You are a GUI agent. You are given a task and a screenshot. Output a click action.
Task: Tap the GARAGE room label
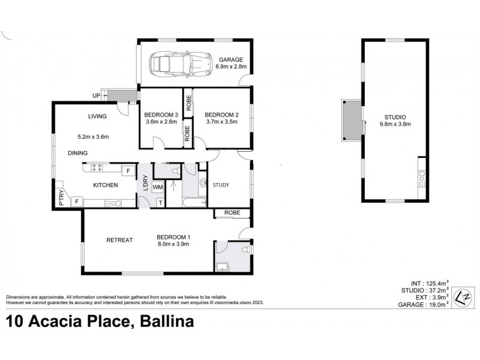pos(230,59)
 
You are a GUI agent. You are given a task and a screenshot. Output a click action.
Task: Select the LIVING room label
pos(97,116)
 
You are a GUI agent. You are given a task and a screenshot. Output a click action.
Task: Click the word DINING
pos(77,153)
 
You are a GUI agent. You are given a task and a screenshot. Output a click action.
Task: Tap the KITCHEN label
pos(105,185)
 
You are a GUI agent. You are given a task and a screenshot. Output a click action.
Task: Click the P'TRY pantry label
pos(61,198)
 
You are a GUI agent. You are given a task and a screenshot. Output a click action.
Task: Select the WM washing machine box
pos(158,187)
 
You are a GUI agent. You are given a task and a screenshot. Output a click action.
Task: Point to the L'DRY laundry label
pos(145,182)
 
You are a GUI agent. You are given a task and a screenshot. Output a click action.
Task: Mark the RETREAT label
pos(119,240)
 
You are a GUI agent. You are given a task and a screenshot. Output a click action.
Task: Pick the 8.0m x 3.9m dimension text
pos(173,244)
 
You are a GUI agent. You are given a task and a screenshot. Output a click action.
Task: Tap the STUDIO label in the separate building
pos(396,117)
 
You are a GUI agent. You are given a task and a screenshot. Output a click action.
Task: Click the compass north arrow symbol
pos(462,297)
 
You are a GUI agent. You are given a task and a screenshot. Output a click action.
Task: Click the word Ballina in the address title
pos(166,323)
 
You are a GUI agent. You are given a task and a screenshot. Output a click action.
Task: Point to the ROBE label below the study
pos(233,212)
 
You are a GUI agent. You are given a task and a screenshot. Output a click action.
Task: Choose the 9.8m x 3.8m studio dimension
pos(395,124)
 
